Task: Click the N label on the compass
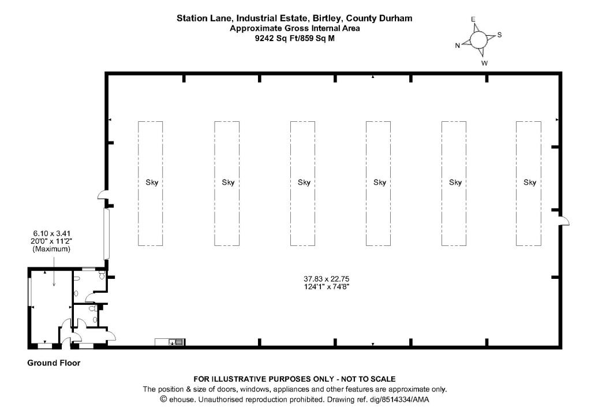458,46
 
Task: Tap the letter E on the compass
473,19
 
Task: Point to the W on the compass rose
484,63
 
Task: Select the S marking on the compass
499,35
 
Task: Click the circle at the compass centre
478,40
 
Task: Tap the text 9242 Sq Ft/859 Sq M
295,38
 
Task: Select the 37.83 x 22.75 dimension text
327,279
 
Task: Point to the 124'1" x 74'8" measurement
327,287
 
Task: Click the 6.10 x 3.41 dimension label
51,234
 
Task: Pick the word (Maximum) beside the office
51,249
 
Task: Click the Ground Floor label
54,363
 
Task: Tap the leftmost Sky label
152,182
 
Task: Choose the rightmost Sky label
530,182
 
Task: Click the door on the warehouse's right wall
563,221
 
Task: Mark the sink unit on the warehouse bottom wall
170,342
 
